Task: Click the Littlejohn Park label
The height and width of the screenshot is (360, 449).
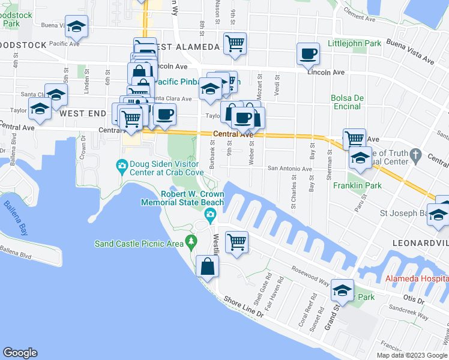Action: click(x=355, y=44)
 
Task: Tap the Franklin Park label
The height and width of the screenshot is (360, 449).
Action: click(x=357, y=185)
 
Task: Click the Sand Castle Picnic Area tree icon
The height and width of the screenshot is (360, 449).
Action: click(x=191, y=242)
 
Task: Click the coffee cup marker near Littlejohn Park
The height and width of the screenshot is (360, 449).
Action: click(x=308, y=54)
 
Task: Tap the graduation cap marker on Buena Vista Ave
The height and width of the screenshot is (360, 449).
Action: click(x=77, y=26)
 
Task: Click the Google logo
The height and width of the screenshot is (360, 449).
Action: click(x=20, y=353)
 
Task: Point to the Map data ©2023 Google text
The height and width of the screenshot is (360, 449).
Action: click(x=411, y=355)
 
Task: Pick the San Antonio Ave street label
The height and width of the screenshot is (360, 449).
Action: click(x=291, y=169)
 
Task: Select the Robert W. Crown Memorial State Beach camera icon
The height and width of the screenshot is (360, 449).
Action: click(x=210, y=215)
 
